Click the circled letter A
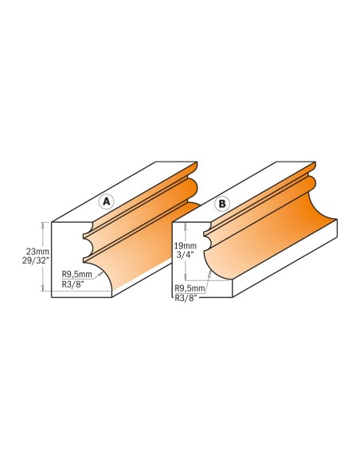pyautogui.click(x=106, y=201)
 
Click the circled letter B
pyautogui.click(x=222, y=204)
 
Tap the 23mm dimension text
pyautogui.click(x=37, y=252)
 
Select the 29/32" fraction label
pyautogui.click(x=36, y=261)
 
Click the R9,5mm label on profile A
pyautogui.click(x=76, y=274)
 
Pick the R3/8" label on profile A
pyautogui.click(x=73, y=284)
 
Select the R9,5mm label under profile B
pyautogui.click(x=190, y=288)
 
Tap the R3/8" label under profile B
pyautogui.click(x=186, y=298)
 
